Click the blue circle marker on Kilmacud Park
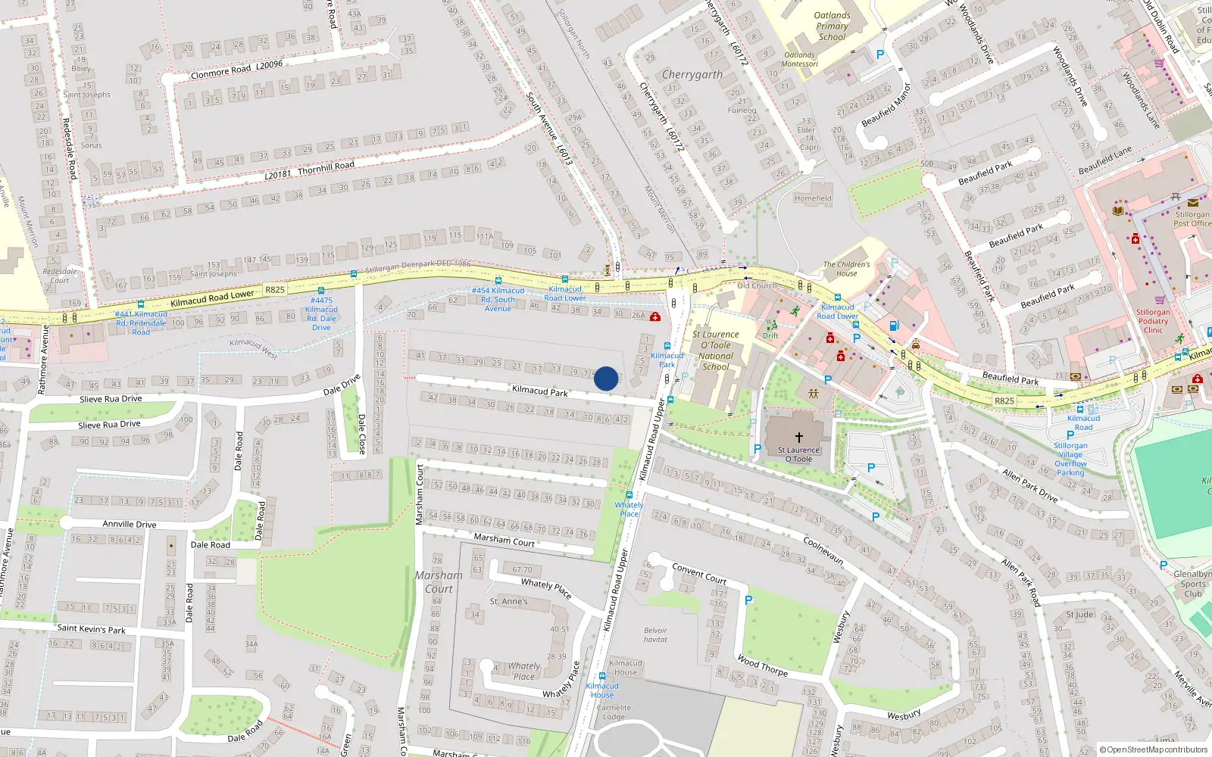[606, 378]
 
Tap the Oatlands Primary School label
[832, 26]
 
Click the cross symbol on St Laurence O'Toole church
[798, 438]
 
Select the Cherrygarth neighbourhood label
[692, 74]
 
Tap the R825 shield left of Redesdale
[275, 289]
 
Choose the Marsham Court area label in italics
[439, 581]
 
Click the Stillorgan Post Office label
[1192, 219]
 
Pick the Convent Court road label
[698, 573]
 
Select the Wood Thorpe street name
[762, 665]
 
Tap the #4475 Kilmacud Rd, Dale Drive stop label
[321, 313]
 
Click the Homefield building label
[812, 198]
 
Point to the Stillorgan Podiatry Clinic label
[1153, 321]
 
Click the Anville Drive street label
[130, 524]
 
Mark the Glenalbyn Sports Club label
[1192, 584]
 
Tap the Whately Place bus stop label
[629, 509]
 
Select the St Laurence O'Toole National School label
[715, 350]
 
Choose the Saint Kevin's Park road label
[91, 628]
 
